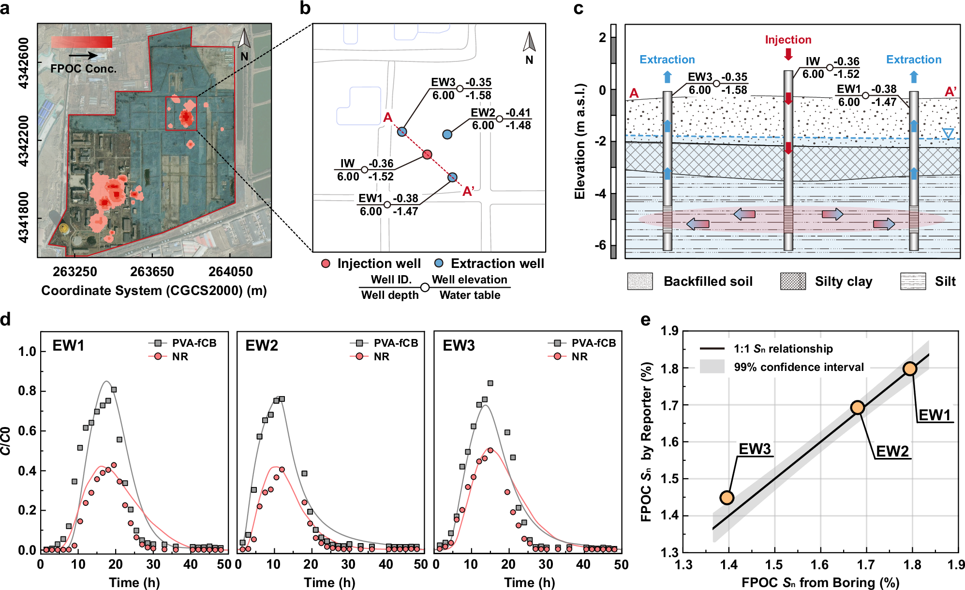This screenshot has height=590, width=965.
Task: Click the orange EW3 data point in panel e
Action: pyautogui.click(x=727, y=497)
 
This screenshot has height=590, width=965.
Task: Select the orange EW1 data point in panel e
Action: pyautogui.click(x=910, y=369)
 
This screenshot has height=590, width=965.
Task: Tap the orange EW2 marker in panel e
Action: pyautogui.click(x=858, y=408)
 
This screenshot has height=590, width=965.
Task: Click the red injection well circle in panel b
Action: pyautogui.click(x=427, y=154)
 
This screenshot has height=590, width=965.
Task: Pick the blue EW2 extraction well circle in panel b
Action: pyautogui.click(x=447, y=134)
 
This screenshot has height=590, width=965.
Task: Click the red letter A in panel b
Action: pyautogui.click(x=387, y=118)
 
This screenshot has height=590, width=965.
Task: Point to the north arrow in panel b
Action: pyautogui.click(x=529, y=43)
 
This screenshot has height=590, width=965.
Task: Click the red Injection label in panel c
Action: pyautogui.click(x=788, y=40)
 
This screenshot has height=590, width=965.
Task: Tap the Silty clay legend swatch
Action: pyautogui.click(x=793, y=281)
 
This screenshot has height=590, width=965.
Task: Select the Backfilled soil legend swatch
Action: pyautogui.click(x=640, y=281)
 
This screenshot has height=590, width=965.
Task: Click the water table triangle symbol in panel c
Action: pyautogui.click(x=948, y=133)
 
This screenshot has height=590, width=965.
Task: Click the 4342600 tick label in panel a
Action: pyautogui.click(x=23, y=63)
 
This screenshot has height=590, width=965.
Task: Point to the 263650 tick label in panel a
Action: pyautogui.click(x=152, y=272)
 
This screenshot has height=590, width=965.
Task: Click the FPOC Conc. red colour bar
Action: pyautogui.click(x=81, y=43)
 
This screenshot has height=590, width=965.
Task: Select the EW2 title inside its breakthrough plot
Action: pyautogui.click(x=262, y=346)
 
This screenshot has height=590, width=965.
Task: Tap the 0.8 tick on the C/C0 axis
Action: pyautogui.click(x=27, y=391)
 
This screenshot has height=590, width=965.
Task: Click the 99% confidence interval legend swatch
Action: pyautogui.click(x=712, y=367)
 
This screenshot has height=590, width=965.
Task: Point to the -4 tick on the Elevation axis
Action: pyautogui.click(x=600, y=194)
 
